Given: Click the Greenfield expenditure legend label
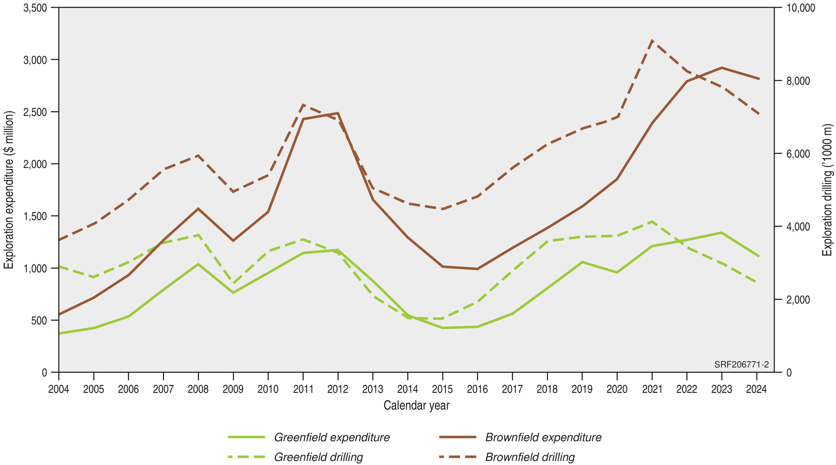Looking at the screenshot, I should (331, 437).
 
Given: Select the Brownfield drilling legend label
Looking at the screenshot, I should (530, 457).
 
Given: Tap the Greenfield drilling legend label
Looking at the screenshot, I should (318, 457).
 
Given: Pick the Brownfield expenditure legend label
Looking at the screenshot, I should (543, 437).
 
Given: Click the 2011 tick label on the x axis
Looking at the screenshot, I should (303, 390).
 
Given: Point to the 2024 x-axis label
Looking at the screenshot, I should (756, 390).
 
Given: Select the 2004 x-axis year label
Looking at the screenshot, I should (59, 390).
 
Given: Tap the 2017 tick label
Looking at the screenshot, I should (512, 390).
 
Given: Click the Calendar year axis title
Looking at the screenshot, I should (416, 405).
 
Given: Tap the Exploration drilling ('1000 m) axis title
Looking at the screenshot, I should (827, 190).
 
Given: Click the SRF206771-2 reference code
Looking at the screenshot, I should (741, 365).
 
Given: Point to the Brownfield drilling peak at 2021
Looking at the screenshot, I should (652, 40).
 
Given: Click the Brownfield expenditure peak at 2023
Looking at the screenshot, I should (721, 68).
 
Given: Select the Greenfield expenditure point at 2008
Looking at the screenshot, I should (198, 264).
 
